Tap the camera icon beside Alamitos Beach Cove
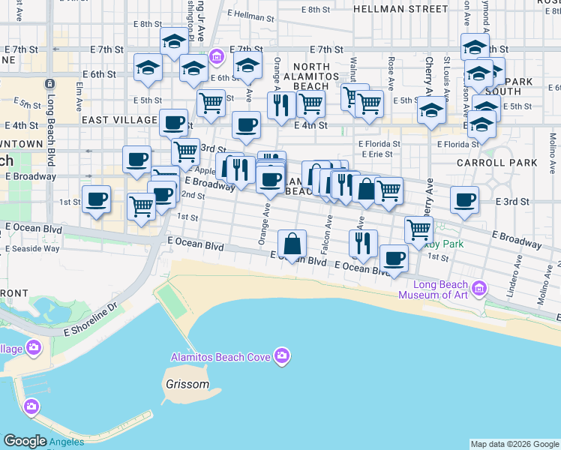pyautogui.click(x=281, y=355)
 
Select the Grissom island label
pyautogui.click(x=187, y=385)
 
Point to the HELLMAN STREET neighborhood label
pyautogui.click(x=400, y=10)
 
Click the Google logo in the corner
pyautogui.click(x=25, y=441)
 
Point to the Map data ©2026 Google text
pyautogui.click(x=514, y=444)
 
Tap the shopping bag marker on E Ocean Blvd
pyautogui.click(x=292, y=243)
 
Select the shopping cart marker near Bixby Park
pyautogui.click(x=418, y=229)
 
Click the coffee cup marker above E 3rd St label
pyautogui.click(x=464, y=199)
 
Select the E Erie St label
pyautogui.click(x=375, y=154)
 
